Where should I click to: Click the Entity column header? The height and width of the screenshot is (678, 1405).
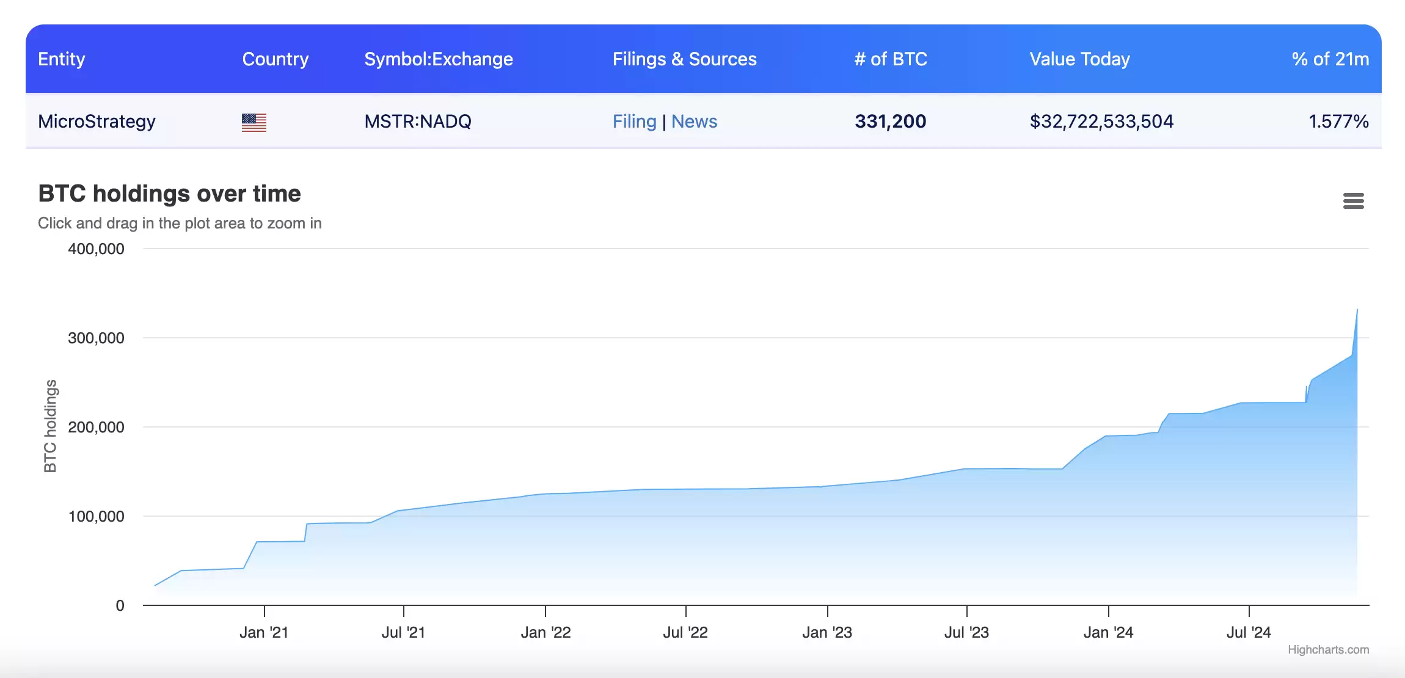[61, 59]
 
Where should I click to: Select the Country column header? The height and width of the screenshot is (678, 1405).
[275, 59]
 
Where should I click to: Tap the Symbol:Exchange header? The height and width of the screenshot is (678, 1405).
[438, 59]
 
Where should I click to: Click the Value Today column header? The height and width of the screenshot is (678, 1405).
[1079, 59]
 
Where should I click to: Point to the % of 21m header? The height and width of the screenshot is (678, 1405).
[1330, 59]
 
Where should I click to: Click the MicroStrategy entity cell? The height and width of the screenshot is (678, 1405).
[97, 122]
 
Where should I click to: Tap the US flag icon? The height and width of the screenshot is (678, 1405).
[254, 123]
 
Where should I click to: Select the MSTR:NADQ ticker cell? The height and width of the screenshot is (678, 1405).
[418, 122]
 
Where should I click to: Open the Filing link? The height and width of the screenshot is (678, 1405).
[634, 122]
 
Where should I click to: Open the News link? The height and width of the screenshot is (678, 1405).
[694, 122]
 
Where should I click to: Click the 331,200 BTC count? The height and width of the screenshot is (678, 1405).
[890, 122]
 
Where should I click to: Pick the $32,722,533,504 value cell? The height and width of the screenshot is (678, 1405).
[1101, 122]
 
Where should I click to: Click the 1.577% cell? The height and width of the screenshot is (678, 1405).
[1338, 122]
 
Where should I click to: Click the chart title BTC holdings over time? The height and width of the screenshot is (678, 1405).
[169, 194]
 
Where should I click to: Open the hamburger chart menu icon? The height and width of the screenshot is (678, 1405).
[1353, 201]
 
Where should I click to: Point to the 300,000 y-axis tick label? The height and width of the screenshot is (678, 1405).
[96, 338]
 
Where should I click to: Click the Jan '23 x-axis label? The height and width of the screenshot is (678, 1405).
[827, 632]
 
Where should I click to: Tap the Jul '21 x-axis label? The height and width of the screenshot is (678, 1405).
[403, 632]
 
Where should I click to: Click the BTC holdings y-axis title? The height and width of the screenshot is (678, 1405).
[50, 426]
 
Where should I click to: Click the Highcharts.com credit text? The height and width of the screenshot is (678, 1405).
[1328, 650]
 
